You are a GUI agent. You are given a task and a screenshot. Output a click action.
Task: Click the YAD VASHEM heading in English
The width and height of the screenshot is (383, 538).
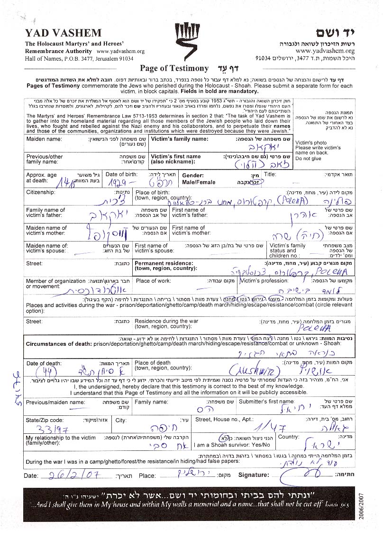(63, 33)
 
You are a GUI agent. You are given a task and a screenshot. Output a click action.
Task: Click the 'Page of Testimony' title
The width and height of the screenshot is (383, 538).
(174, 68)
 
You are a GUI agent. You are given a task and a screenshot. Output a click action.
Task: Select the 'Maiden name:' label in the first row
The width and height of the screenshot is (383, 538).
(44, 139)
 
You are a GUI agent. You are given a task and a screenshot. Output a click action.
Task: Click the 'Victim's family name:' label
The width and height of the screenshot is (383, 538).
(180, 139)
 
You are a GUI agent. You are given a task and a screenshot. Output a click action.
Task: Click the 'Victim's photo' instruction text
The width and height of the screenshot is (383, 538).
(310, 143)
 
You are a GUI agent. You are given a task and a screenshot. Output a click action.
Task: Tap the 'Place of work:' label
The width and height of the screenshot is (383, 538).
(153, 281)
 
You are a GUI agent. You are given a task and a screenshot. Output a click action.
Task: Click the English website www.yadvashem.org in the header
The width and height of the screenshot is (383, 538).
(120, 51)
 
